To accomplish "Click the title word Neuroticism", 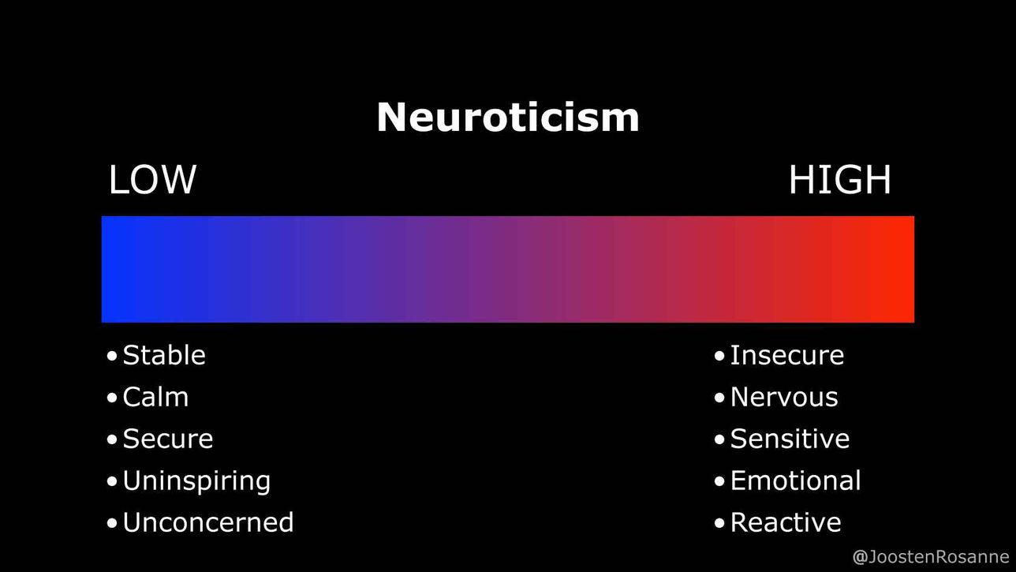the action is [508, 117].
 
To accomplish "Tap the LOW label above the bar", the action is [152, 180].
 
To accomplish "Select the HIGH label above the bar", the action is [839, 180].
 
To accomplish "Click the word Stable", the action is [164, 355].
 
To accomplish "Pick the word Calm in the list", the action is [155, 398].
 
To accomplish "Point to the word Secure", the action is [168, 439].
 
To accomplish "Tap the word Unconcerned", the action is [208, 522].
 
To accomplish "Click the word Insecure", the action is [787, 355].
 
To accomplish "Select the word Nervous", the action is [784, 398].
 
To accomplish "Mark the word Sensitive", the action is [790, 439].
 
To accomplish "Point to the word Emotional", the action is [796, 480].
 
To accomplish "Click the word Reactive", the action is [786, 522].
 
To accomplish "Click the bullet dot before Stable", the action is [112, 356].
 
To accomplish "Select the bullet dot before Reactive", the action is [719, 523].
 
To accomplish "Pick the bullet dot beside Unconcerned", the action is [112, 523].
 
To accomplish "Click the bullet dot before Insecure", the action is [719, 356].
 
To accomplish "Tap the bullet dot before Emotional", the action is [719, 482].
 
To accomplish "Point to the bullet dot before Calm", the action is [112, 398].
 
